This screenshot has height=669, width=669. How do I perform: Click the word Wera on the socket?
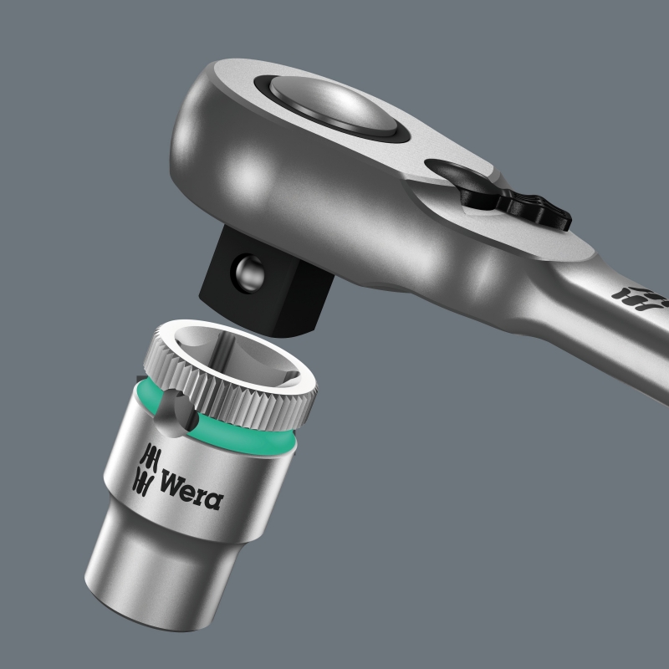click(x=192, y=493)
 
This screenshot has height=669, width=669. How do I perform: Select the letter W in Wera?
click(x=171, y=485)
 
